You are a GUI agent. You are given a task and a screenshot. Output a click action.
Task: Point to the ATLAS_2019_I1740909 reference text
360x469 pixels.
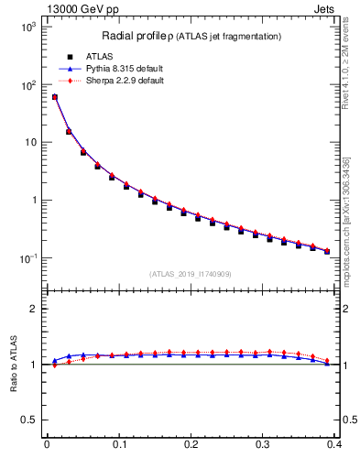[190, 274]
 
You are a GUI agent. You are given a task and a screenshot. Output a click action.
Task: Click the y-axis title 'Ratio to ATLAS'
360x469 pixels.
[13, 364]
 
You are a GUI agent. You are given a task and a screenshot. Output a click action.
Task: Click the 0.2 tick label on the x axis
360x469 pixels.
[191, 446]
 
